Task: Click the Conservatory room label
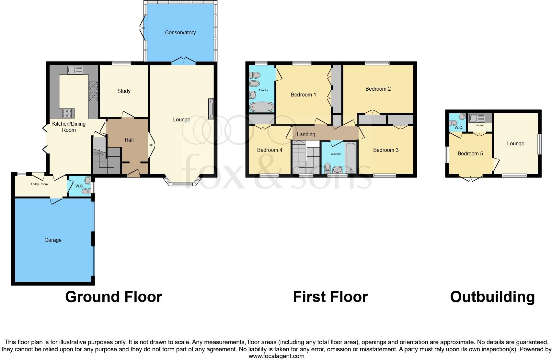180,32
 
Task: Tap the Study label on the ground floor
124,91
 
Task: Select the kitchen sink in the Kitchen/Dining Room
75,70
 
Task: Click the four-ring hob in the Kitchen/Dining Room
67,113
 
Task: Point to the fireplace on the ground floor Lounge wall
211,109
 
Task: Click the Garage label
53,240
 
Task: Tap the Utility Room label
39,184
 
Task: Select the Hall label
129,140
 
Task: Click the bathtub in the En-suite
261,107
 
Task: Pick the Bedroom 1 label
303,95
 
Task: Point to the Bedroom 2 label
378,89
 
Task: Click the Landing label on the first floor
306,134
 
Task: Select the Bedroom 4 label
270,150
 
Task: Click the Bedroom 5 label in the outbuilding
470,153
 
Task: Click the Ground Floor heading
113,297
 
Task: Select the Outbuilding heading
492,297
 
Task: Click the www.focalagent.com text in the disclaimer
276,356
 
